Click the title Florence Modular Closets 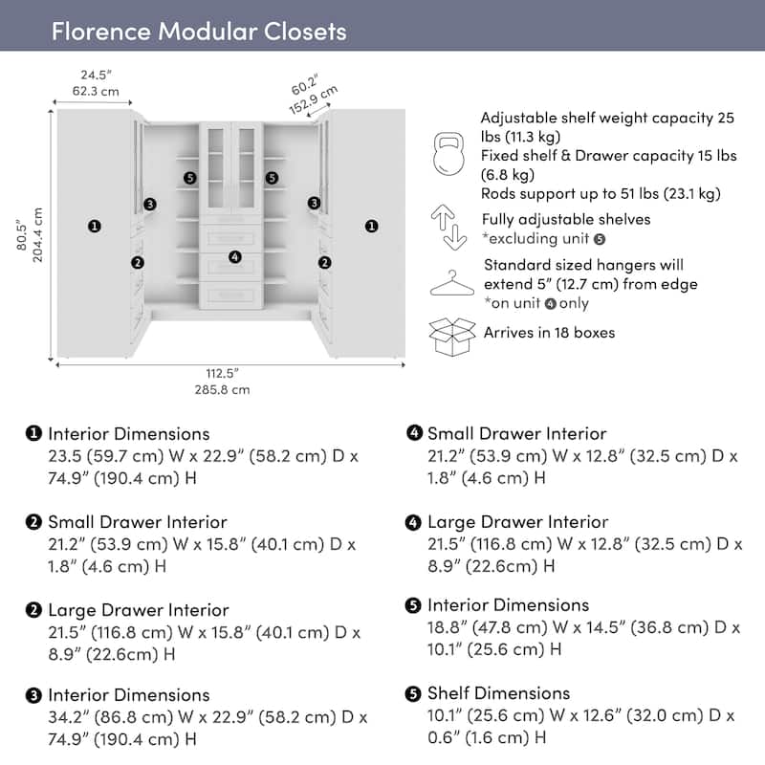tap(199, 31)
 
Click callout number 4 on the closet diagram tap(235, 256)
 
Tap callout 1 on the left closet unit tap(94, 227)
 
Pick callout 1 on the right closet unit tap(370, 227)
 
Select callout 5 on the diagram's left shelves tap(190, 178)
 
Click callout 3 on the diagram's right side tap(314, 203)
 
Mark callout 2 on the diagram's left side tap(138, 262)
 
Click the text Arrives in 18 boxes tap(549, 333)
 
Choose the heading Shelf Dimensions tap(498, 692)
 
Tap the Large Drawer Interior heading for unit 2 tap(139, 609)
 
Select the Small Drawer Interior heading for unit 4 tap(516, 433)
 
